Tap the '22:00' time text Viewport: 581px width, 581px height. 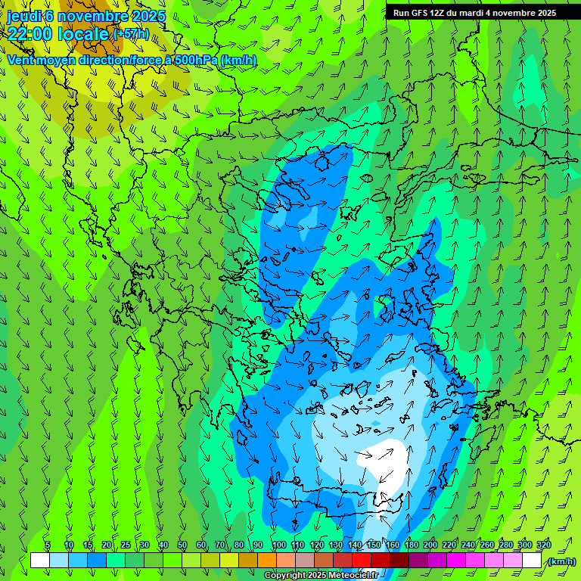pos(29,34)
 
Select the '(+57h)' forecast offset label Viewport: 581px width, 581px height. pos(131,34)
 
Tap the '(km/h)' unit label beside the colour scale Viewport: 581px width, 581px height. pos(561,561)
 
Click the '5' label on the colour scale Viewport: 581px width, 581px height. pos(48,545)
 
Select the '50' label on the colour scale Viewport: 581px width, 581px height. pos(182,545)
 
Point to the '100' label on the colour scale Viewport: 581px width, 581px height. pos(278,545)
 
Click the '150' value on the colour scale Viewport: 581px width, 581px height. pos(373,545)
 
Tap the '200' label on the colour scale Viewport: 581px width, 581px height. pos(430,545)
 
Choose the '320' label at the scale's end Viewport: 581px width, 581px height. pos(544,545)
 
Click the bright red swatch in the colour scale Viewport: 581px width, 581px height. pos(362,561)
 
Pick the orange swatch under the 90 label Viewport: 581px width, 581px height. pos(267,561)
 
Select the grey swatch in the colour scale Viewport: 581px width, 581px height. pos(305,561)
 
